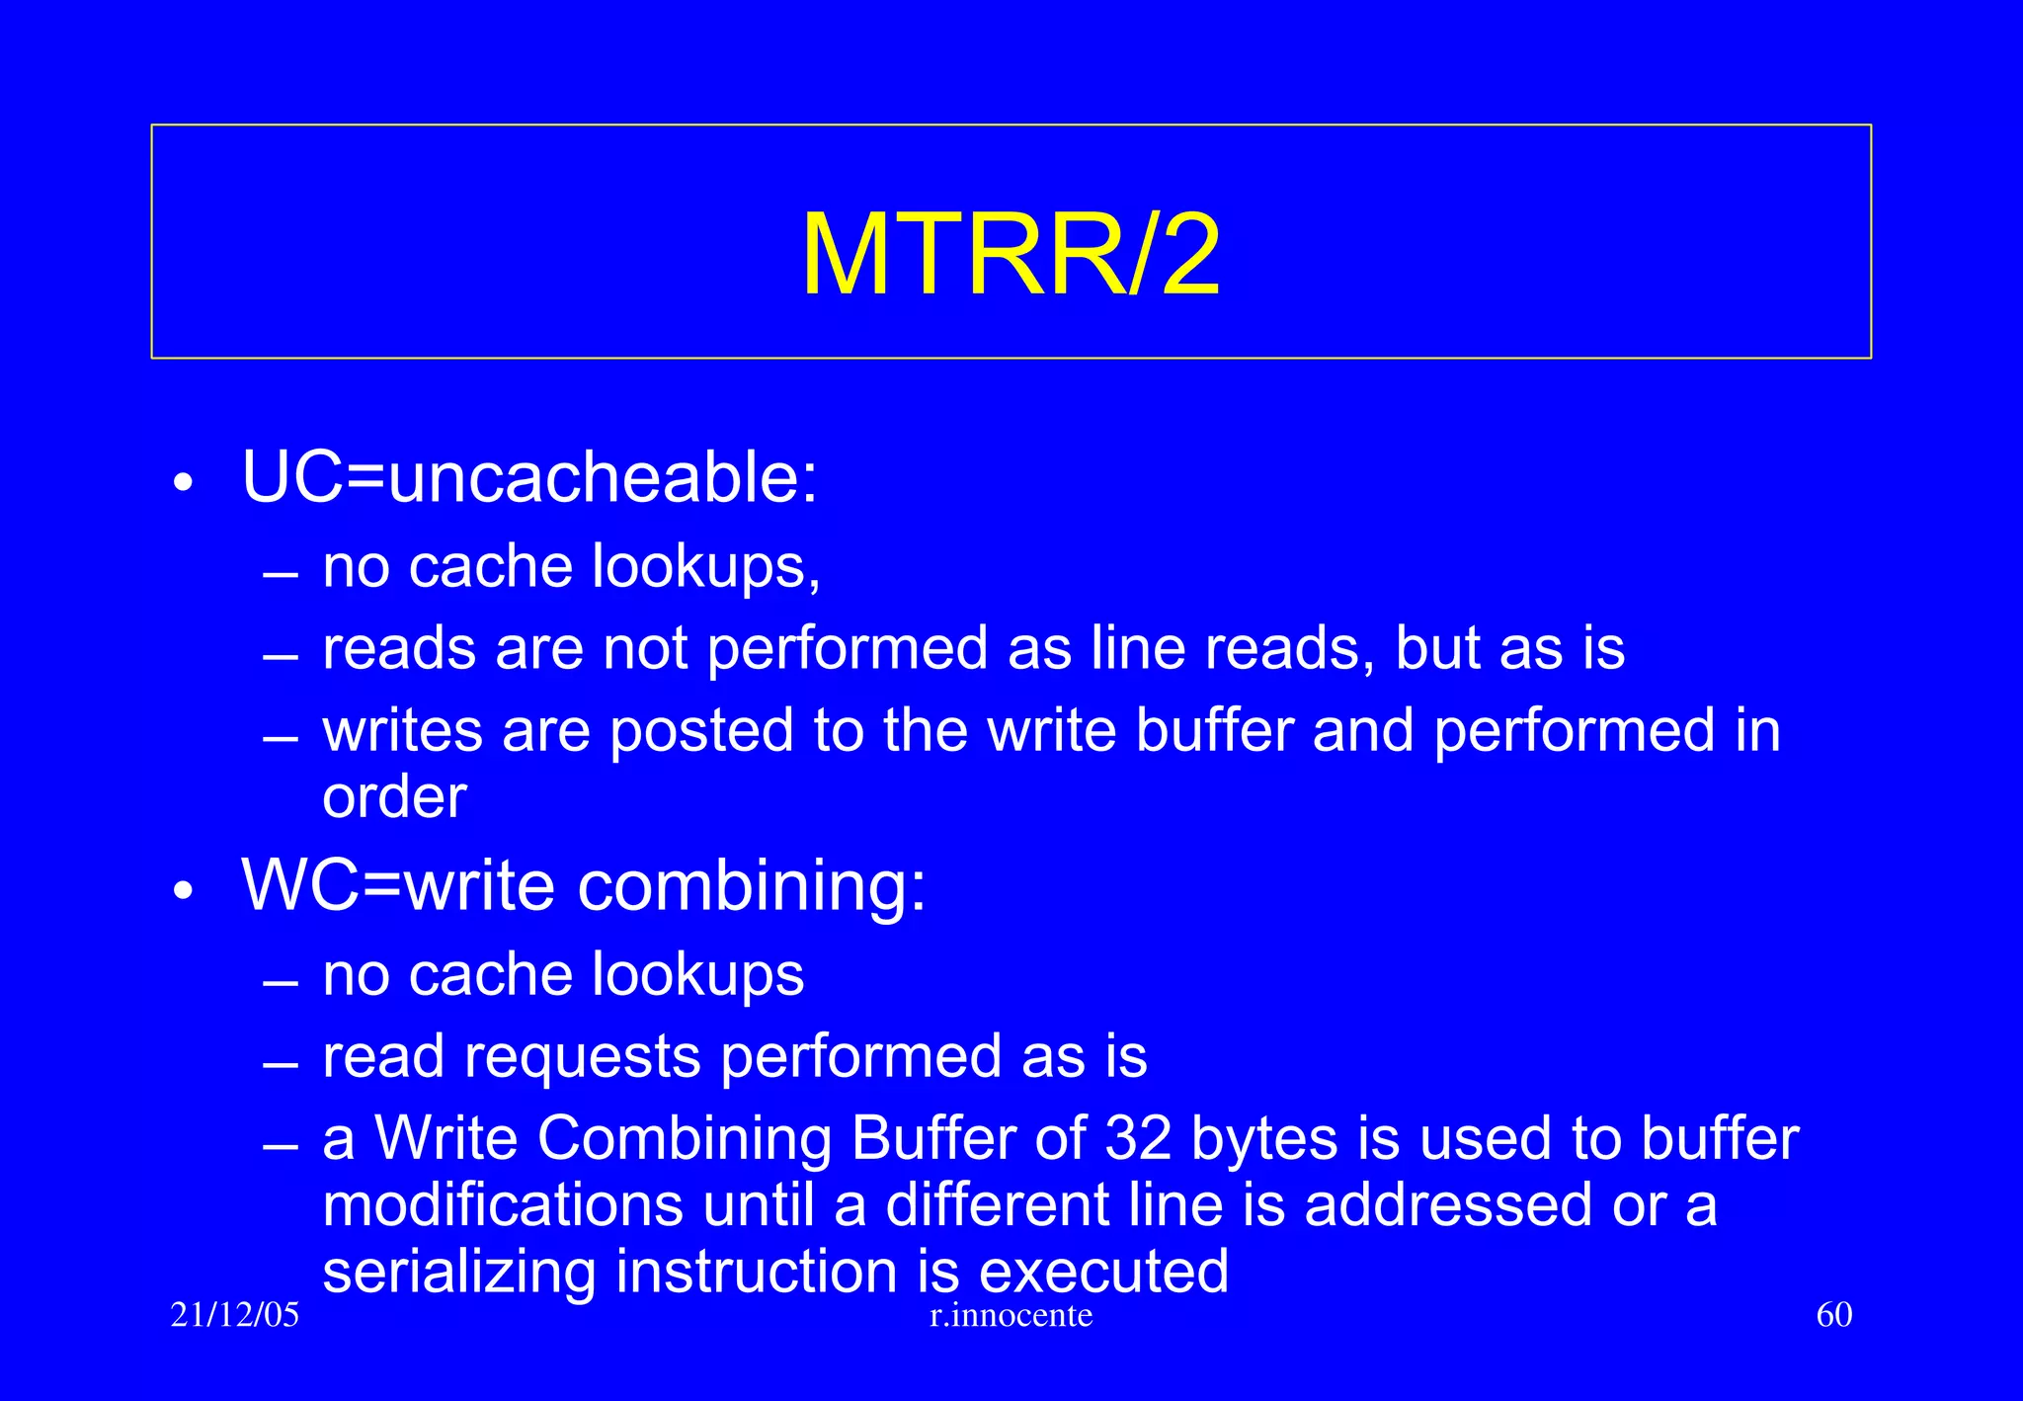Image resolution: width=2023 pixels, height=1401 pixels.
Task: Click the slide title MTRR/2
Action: [1011, 255]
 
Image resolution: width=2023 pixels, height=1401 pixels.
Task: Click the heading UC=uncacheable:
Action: [529, 477]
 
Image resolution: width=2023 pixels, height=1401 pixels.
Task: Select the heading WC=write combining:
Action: [584, 885]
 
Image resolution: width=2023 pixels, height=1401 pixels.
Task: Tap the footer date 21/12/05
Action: [234, 1315]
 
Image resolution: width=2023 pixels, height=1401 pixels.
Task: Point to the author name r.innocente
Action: [1011, 1315]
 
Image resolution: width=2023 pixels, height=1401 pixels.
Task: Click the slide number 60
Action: [1834, 1315]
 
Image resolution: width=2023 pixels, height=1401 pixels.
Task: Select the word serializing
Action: [459, 1272]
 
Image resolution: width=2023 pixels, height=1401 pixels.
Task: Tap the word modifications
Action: [503, 1205]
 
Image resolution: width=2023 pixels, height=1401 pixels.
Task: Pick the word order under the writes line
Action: [394, 797]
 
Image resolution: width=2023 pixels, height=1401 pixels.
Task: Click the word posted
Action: [701, 731]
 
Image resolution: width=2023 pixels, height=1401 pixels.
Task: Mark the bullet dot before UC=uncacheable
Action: [183, 483]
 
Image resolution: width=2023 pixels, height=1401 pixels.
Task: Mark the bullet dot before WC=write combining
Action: [183, 891]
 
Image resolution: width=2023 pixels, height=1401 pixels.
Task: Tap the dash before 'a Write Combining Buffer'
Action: [281, 1147]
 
